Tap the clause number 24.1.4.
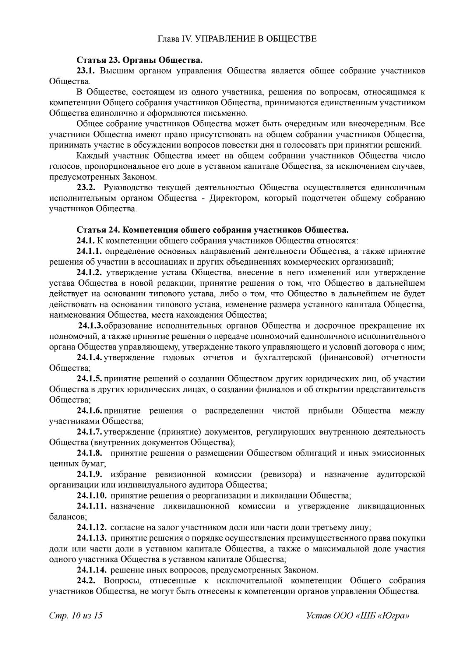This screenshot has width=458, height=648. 89,357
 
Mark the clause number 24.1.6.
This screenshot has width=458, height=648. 89,411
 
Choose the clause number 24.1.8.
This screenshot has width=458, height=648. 89,453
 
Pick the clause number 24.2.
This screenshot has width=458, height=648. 85,581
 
